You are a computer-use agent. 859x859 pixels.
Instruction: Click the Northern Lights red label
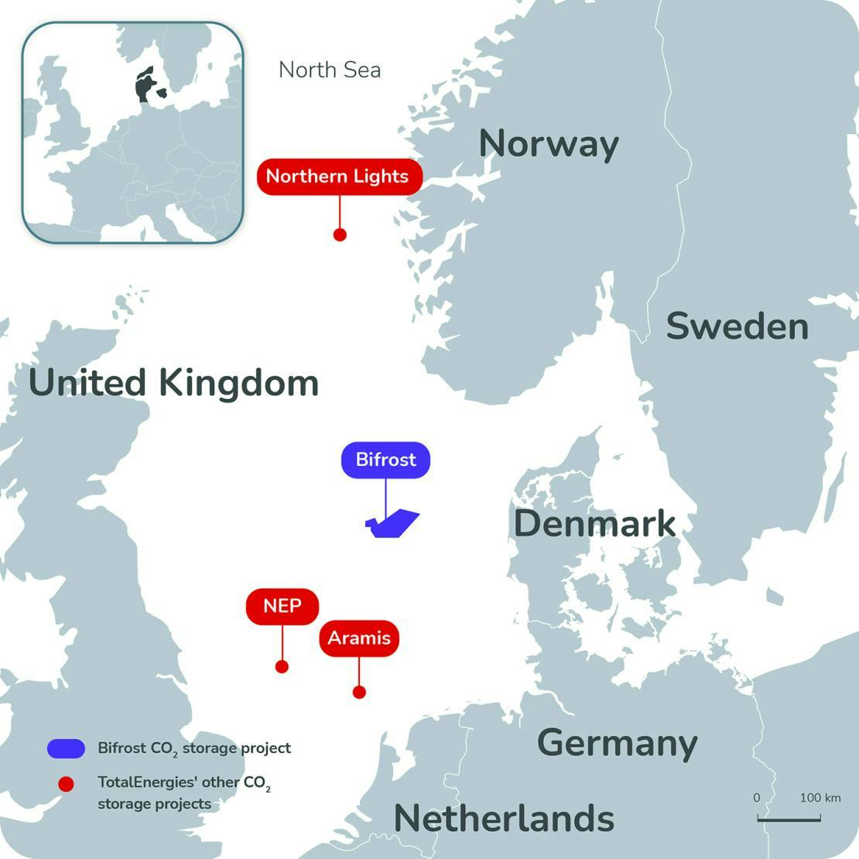pos(339,176)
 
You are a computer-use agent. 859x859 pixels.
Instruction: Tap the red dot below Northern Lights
pos(339,234)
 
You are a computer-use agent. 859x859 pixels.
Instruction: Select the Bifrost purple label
pos(385,460)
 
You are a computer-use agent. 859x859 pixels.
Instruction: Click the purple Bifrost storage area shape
pos(394,524)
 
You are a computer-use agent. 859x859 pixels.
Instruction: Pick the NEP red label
pos(282,605)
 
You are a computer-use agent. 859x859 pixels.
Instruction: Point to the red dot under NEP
pos(282,666)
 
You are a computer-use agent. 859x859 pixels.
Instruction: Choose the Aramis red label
pos(359,638)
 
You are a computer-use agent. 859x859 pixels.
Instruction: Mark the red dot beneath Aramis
pos(359,692)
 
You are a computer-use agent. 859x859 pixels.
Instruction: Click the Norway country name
pos(549,144)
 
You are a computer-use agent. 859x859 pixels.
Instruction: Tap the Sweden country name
pos(737,326)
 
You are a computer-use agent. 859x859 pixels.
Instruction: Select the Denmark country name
pos(594,524)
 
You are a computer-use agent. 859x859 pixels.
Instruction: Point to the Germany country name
pos(617,743)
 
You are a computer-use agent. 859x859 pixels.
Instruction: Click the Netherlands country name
pos(504,819)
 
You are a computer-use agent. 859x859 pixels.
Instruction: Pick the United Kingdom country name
pos(173,383)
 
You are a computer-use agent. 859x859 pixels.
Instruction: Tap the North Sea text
pos(330,70)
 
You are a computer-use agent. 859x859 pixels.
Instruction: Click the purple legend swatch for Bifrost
pos(66,748)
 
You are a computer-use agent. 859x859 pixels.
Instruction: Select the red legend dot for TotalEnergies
pos(66,784)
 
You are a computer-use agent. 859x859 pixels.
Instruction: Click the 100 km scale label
pos(820,797)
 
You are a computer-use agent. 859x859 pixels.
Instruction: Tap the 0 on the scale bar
pos(757,797)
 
